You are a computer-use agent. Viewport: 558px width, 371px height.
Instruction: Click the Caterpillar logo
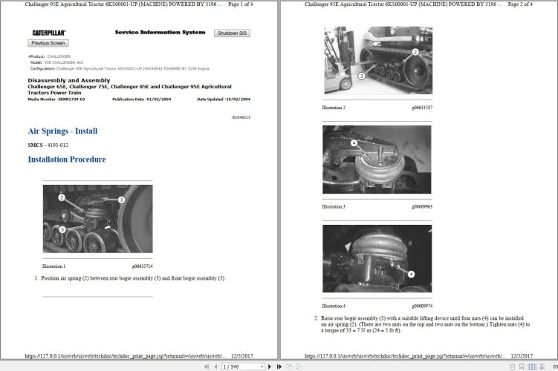click(49, 33)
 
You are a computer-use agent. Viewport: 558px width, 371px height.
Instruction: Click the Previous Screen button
click(48, 43)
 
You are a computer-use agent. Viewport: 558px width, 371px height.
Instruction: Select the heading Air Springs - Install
click(62, 131)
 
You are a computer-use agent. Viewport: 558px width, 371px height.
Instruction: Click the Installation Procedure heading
click(66, 160)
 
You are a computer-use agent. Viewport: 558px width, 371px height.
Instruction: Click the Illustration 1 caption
click(54, 266)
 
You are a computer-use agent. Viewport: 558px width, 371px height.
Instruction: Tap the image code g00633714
click(142, 266)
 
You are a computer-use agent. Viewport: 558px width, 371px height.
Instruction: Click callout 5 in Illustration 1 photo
click(62, 229)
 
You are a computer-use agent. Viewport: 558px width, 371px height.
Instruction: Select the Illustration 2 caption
click(334, 108)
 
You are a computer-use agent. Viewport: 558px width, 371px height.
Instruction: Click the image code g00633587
click(421, 108)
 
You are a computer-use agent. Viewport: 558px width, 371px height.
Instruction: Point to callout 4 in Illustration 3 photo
click(354, 142)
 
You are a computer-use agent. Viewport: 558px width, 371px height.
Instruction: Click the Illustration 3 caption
click(334, 206)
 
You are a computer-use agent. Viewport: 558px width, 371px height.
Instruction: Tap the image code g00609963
click(421, 206)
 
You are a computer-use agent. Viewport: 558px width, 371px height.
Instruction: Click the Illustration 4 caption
click(334, 306)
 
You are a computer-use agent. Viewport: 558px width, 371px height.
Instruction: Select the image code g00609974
click(421, 306)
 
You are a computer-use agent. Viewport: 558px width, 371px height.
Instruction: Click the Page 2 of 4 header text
click(519, 4)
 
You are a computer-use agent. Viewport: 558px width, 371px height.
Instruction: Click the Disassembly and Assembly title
click(68, 80)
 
